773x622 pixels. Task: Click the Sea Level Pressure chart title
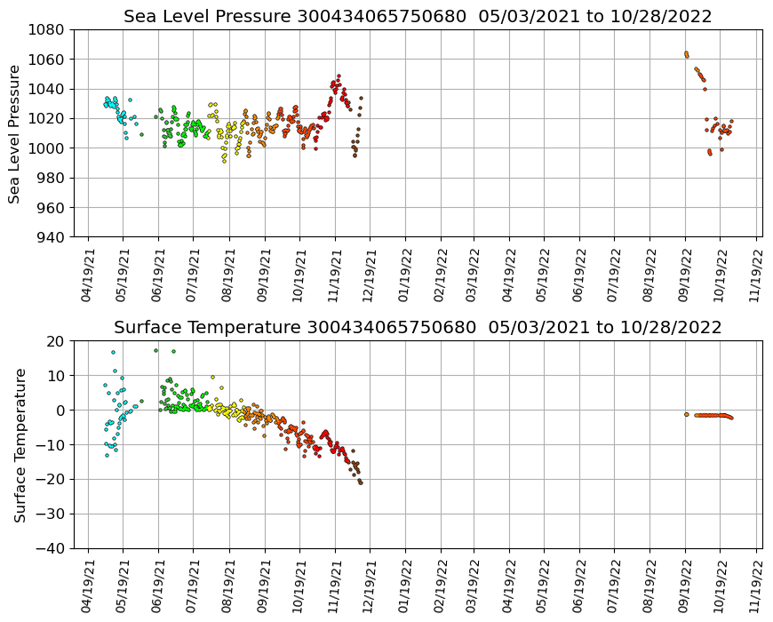click(x=418, y=16)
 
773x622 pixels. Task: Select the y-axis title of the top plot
click(x=15, y=133)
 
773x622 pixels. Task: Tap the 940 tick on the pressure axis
click(x=51, y=237)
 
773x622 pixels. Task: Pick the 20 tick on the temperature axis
click(x=55, y=341)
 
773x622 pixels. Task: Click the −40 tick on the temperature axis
click(x=51, y=548)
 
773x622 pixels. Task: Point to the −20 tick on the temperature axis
click(x=51, y=480)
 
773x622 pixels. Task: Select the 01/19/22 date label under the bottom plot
click(x=405, y=586)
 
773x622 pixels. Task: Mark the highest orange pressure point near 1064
click(x=686, y=53)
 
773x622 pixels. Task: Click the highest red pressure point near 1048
click(x=339, y=76)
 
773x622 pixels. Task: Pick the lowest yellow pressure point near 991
click(x=224, y=161)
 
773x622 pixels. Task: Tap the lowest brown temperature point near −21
click(x=361, y=482)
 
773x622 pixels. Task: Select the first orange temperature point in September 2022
click(x=687, y=414)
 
